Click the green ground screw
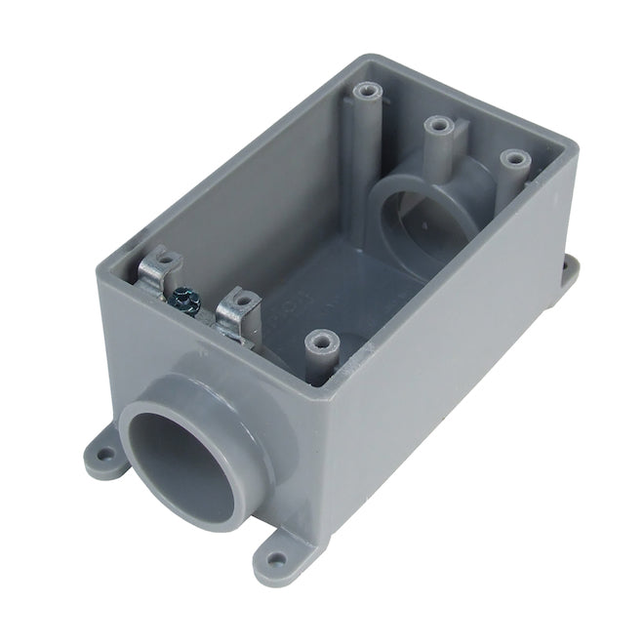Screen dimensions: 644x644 click(x=182, y=296)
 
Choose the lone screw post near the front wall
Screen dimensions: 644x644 click(x=318, y=342)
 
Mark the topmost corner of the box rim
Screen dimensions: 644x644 click(x=363, y=59)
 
